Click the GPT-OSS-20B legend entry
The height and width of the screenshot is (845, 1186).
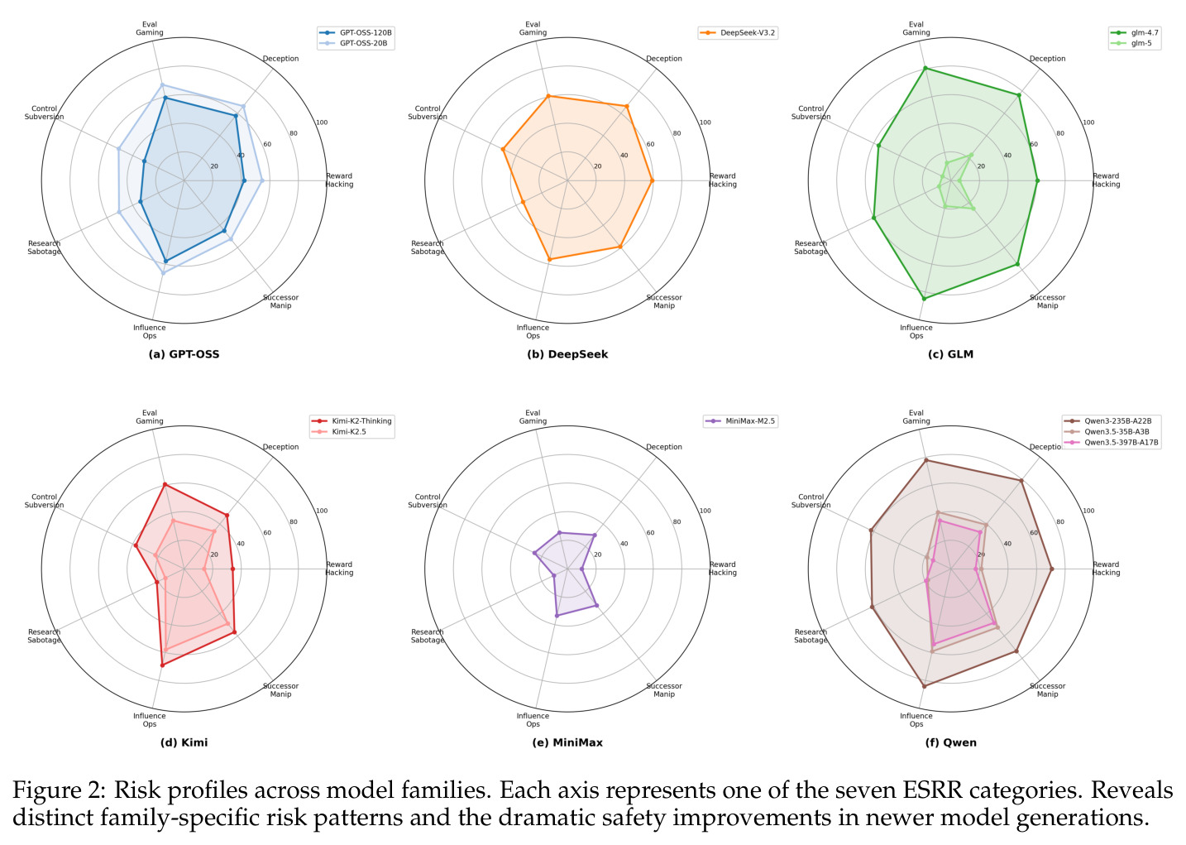pyautogui.click(x=356, y=43)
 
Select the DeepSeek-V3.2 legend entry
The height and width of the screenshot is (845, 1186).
pyautogui.click(x=738, y=33)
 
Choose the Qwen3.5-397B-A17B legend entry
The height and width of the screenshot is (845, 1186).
pyautogui.click(x=1112, y=443)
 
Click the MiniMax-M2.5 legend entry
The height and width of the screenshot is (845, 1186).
pyautogui.click(x=741, y=421)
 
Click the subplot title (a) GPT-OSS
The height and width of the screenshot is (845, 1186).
pyautogui.click(x=184, y=354)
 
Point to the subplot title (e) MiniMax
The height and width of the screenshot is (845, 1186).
pyautogui.click(x=567, y=742)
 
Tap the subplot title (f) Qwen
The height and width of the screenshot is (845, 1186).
pyautogui.click(x=951, y=742)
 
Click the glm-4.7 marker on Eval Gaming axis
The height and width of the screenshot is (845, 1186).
pyautogui.click(x=925, y=69)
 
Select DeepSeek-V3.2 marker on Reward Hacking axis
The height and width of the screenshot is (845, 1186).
pyautogui.click(x=652, y=180)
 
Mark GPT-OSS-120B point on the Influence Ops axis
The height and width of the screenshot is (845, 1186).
pyautogui.click(x=165, y=262)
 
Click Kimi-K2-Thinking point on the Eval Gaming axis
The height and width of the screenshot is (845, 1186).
pyautogui.click(x=165, y=485)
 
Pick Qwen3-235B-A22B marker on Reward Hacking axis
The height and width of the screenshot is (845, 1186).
pyautogui.click(x=1051, y=569)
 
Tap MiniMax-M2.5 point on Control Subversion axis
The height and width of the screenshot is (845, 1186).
pyautogui.click(x=535, y=553)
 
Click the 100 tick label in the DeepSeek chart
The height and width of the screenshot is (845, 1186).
pyautogui.click(x=705, y=122)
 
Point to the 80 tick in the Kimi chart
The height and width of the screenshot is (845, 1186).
pyautogui.click(x=294, y=522)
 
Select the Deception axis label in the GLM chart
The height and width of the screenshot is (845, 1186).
pyautogui.click(x=1047, y=59)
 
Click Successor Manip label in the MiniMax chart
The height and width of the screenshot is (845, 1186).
pyautogui.click(x=664, y=690)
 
